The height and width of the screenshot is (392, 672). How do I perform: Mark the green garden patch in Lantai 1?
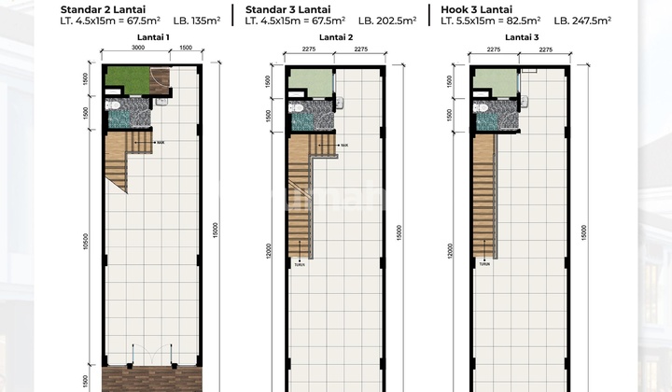click(125, 82)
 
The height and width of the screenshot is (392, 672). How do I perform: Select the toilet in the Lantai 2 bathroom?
click(296, 107)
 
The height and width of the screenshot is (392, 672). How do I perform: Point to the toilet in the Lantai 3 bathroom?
click(481, 107)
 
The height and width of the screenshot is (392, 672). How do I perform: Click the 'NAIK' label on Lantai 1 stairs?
click(161, 143)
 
